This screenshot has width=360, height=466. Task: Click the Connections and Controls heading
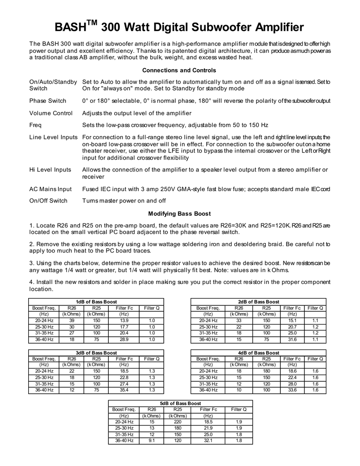[179, 71]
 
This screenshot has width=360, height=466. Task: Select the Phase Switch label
[48, 101]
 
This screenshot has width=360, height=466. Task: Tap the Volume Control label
[51, 113]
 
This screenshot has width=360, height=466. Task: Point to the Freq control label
[35, 125]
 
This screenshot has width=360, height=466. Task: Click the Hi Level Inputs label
[50, 170]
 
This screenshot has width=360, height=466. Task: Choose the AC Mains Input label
[51, 189]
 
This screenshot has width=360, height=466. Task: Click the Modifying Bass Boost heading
[179, 213]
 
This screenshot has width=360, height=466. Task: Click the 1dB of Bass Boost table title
[96, 302]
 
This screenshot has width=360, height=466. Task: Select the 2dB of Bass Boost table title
[259, 302]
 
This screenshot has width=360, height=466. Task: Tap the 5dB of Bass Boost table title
[180, 404]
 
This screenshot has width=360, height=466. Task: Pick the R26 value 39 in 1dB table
[72, 320]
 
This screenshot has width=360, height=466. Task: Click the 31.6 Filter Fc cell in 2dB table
[292, 339]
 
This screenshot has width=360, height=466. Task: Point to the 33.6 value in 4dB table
[292, 390]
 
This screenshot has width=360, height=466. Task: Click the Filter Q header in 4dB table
[315, 359]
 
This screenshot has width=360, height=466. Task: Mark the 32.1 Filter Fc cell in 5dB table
[208, 441]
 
